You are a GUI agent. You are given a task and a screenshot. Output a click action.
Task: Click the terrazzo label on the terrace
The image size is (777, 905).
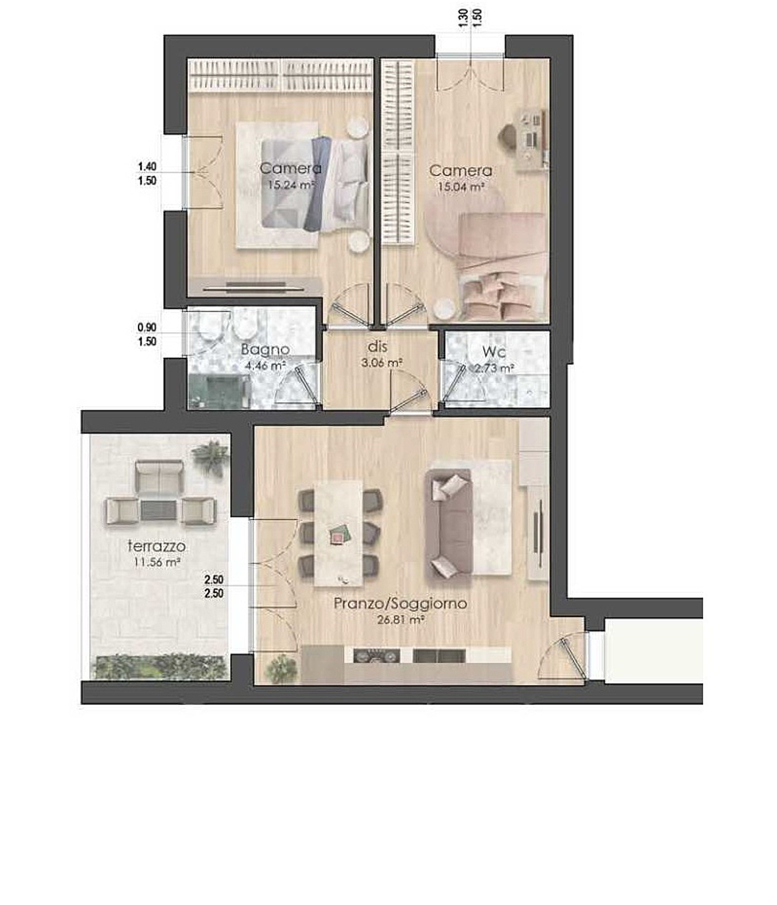(x=157, y=546)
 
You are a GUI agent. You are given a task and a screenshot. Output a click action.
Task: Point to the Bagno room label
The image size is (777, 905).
(x=265, y=349)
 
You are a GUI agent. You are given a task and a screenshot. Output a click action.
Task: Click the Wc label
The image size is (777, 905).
(x=494, y=351)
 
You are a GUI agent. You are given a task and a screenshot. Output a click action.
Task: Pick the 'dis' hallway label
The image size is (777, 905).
(x=378, y=347)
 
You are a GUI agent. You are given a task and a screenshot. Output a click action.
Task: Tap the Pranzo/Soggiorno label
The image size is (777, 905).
(x=400, y=603)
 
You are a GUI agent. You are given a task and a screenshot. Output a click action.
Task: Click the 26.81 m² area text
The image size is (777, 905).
(x=401, y=620)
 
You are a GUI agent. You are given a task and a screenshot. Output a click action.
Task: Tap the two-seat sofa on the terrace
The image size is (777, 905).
(x=159, y=477)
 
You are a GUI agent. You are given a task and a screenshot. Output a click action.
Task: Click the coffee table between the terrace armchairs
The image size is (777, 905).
(x=158, y=511)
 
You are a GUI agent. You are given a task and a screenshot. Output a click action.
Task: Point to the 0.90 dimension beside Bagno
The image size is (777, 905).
(x=147, y=328)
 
